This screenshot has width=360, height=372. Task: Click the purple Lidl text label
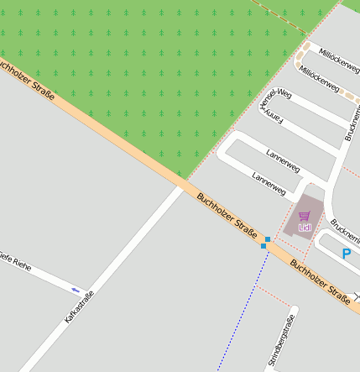[x=305, y=227]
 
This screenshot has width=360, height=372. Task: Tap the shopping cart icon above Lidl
[x=304, y=216]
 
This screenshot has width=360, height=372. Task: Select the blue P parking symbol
[x=347, y=254]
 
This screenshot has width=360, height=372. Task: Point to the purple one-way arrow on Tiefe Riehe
[x=76, y=290]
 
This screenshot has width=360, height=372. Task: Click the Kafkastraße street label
[x=79, y=307]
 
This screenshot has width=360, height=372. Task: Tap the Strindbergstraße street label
[x=280, y=341]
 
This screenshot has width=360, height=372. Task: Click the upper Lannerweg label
[x=282, y=160]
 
